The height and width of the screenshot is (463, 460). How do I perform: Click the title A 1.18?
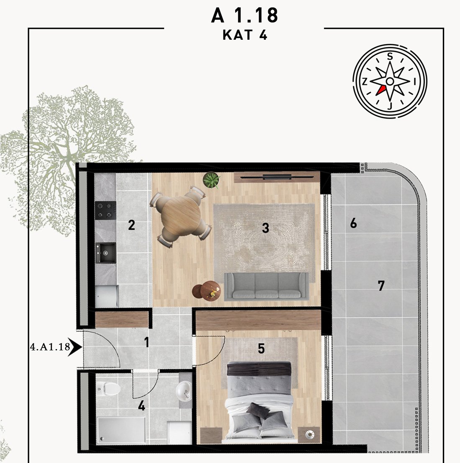click(x=244, y=16)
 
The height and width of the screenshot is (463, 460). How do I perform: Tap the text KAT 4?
click(x=245, y=35)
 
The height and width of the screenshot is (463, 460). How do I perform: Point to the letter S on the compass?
click(x=390, y=56)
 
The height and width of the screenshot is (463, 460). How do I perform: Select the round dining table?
click(x=180, y=216)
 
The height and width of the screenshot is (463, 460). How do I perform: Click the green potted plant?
click(x=211, y=180)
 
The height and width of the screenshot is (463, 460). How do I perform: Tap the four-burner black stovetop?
click(x=105, y=210)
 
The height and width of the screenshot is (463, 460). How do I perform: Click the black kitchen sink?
click(x=105, y=253)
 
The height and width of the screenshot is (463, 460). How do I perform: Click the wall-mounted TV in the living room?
click(x=277, y=177)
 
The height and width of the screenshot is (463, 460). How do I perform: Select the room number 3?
click(x=265, y=228)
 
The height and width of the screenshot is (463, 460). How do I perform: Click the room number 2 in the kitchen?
click(x=131, y=225)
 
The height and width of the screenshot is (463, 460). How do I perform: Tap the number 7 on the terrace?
click(x=381, y=285)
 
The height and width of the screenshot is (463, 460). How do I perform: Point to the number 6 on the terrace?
click(x=353, y=223)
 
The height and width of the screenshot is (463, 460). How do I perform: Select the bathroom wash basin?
click(x=184, y=391)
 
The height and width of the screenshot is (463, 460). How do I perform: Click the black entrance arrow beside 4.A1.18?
click(x=75, y=347)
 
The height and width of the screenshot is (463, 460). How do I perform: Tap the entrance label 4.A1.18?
click(x=50, y=347)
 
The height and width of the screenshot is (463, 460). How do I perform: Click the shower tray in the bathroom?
click(x=121, y=429)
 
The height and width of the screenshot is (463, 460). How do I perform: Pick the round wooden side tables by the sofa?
click(x=206, y=290)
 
